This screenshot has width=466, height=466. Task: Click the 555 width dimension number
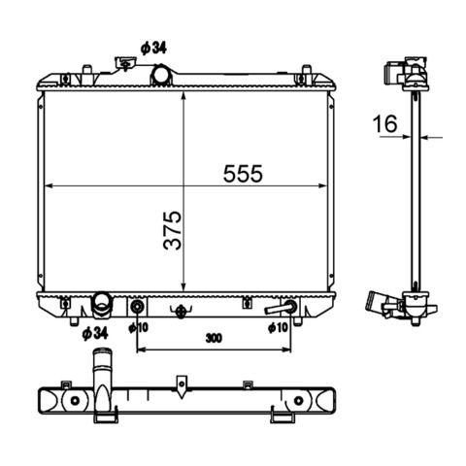[243, 174]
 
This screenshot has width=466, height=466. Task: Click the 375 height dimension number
[173, 230]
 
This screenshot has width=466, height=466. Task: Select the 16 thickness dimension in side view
[384, 123]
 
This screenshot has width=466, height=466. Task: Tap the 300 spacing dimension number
[214, 338]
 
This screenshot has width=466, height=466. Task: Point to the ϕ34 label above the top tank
[153, 49]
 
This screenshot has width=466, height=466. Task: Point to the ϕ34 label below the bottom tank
[95, 334]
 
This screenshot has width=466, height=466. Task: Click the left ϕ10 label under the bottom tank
[138, 328]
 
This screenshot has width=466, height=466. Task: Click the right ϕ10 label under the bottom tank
[278, 328]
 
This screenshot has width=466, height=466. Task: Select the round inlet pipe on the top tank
[161, 75]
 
